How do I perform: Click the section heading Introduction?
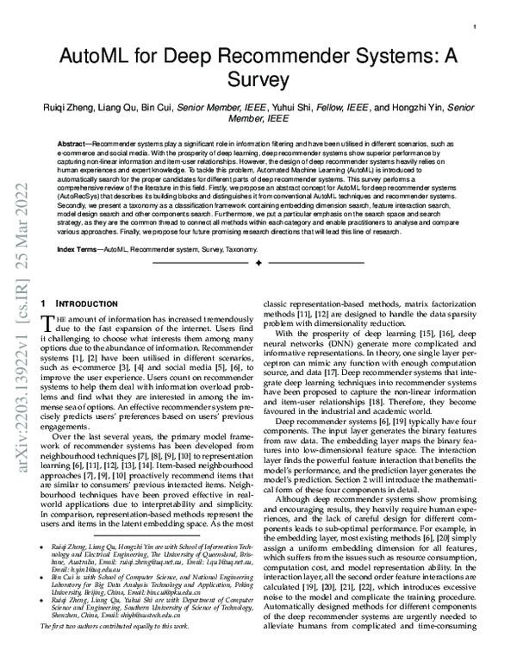pyautogui.click(x=82, y=305)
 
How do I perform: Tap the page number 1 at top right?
pyautogui.click(x=475, y=28)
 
